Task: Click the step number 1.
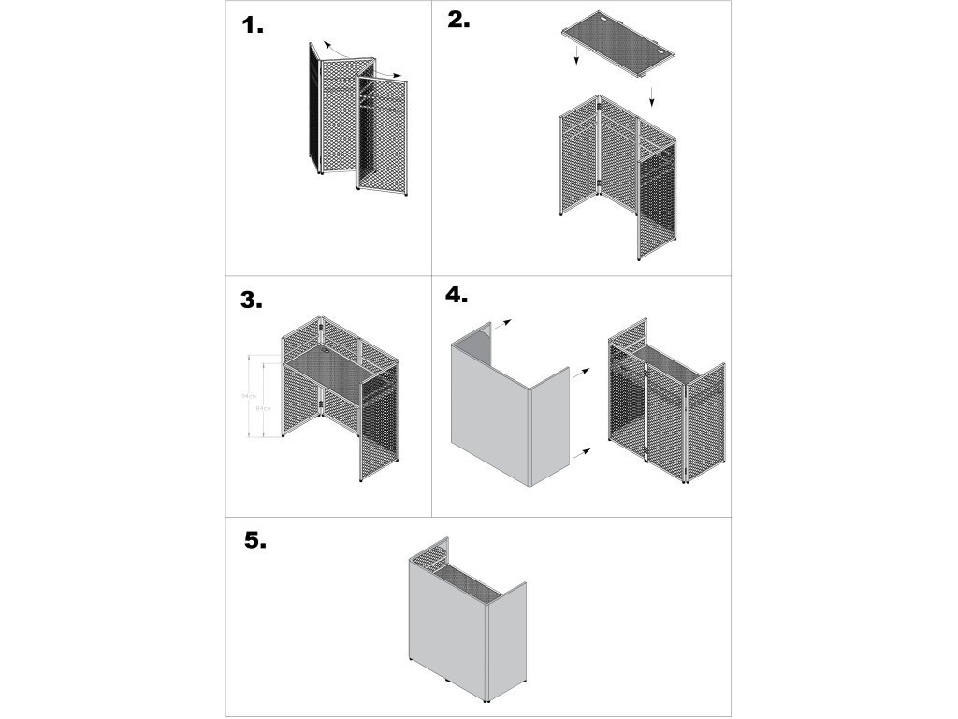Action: [x=253, y=26]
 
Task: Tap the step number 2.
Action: [x=458, y=21]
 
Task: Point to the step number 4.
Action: [x=456, y=294]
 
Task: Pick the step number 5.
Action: [x=254, y=540]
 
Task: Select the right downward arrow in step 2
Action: [x=652, y=94]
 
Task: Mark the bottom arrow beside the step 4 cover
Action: [x=582, y=451]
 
